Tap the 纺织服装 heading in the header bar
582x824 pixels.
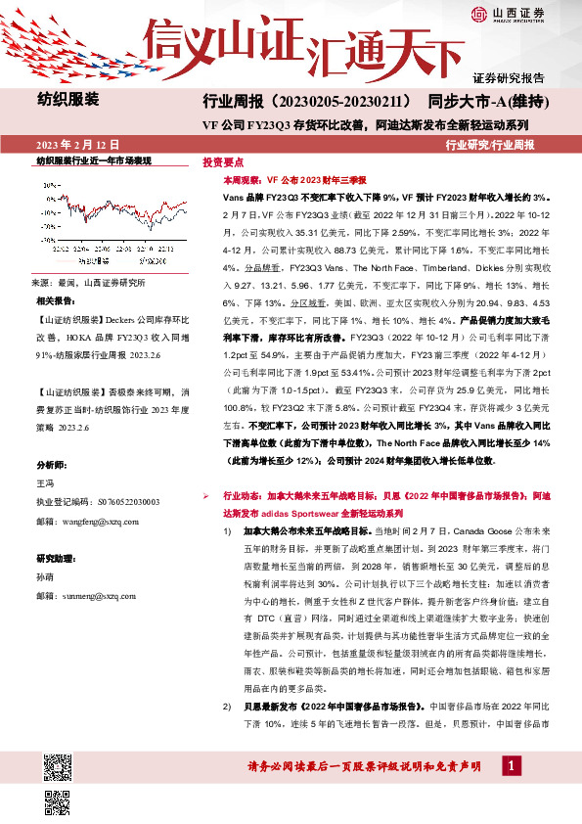point(68,99)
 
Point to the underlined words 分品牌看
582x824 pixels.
point(242,264)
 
